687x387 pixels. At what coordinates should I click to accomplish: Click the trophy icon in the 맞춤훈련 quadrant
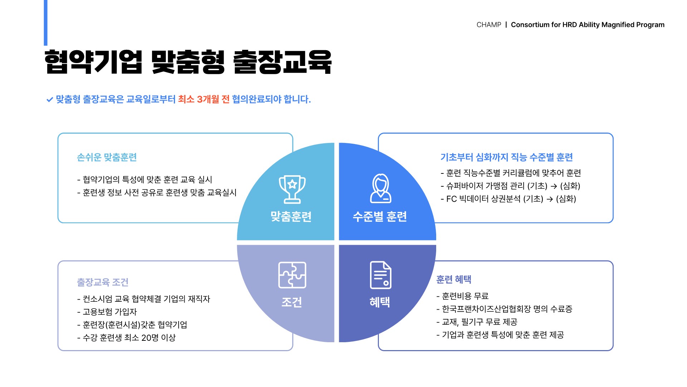pos(292,189)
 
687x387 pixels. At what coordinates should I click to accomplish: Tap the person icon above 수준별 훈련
pos(380,188)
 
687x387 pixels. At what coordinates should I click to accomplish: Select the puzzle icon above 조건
pos(292,275)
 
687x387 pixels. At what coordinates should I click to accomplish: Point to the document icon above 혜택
pos(380,275)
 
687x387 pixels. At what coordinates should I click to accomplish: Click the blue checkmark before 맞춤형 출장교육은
pos(50,100)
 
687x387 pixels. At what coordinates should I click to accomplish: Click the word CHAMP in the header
pos(489,25)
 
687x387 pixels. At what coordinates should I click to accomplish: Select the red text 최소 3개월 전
pos(204,99)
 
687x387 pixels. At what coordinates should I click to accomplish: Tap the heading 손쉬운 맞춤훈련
pos(107,157)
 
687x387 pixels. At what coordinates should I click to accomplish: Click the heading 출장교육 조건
pos(103,282)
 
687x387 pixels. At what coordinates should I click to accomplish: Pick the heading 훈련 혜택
pos(454,279)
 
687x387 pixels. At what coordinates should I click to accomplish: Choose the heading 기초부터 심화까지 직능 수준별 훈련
pos(507,157)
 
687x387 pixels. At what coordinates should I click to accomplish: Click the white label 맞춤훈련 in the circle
pos(291,216)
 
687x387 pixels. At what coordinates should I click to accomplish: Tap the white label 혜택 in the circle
pos(380,302)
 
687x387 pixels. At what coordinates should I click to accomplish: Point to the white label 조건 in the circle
pos(292,302)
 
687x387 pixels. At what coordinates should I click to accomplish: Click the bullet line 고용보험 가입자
pos(107,312)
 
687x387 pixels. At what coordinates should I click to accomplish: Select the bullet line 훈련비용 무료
pos(462,296)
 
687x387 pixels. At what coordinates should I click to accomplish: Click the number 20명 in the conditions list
pos(150,338)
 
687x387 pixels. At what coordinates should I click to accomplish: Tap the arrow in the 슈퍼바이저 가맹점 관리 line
pos(554,186)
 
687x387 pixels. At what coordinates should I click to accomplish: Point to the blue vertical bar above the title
pos(45,23)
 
